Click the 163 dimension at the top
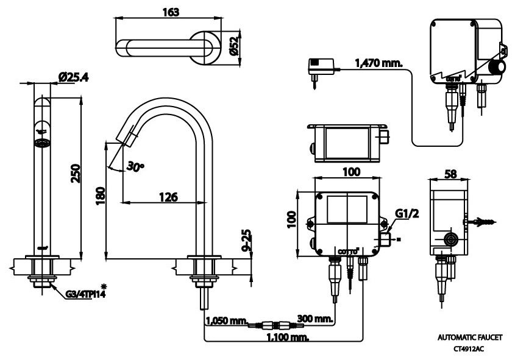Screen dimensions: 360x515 (x=170, y=13)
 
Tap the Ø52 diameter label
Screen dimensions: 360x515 (x=233, y=46)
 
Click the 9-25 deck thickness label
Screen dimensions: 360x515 (x=247, y=241)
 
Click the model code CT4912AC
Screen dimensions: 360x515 (x=469, y=349)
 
